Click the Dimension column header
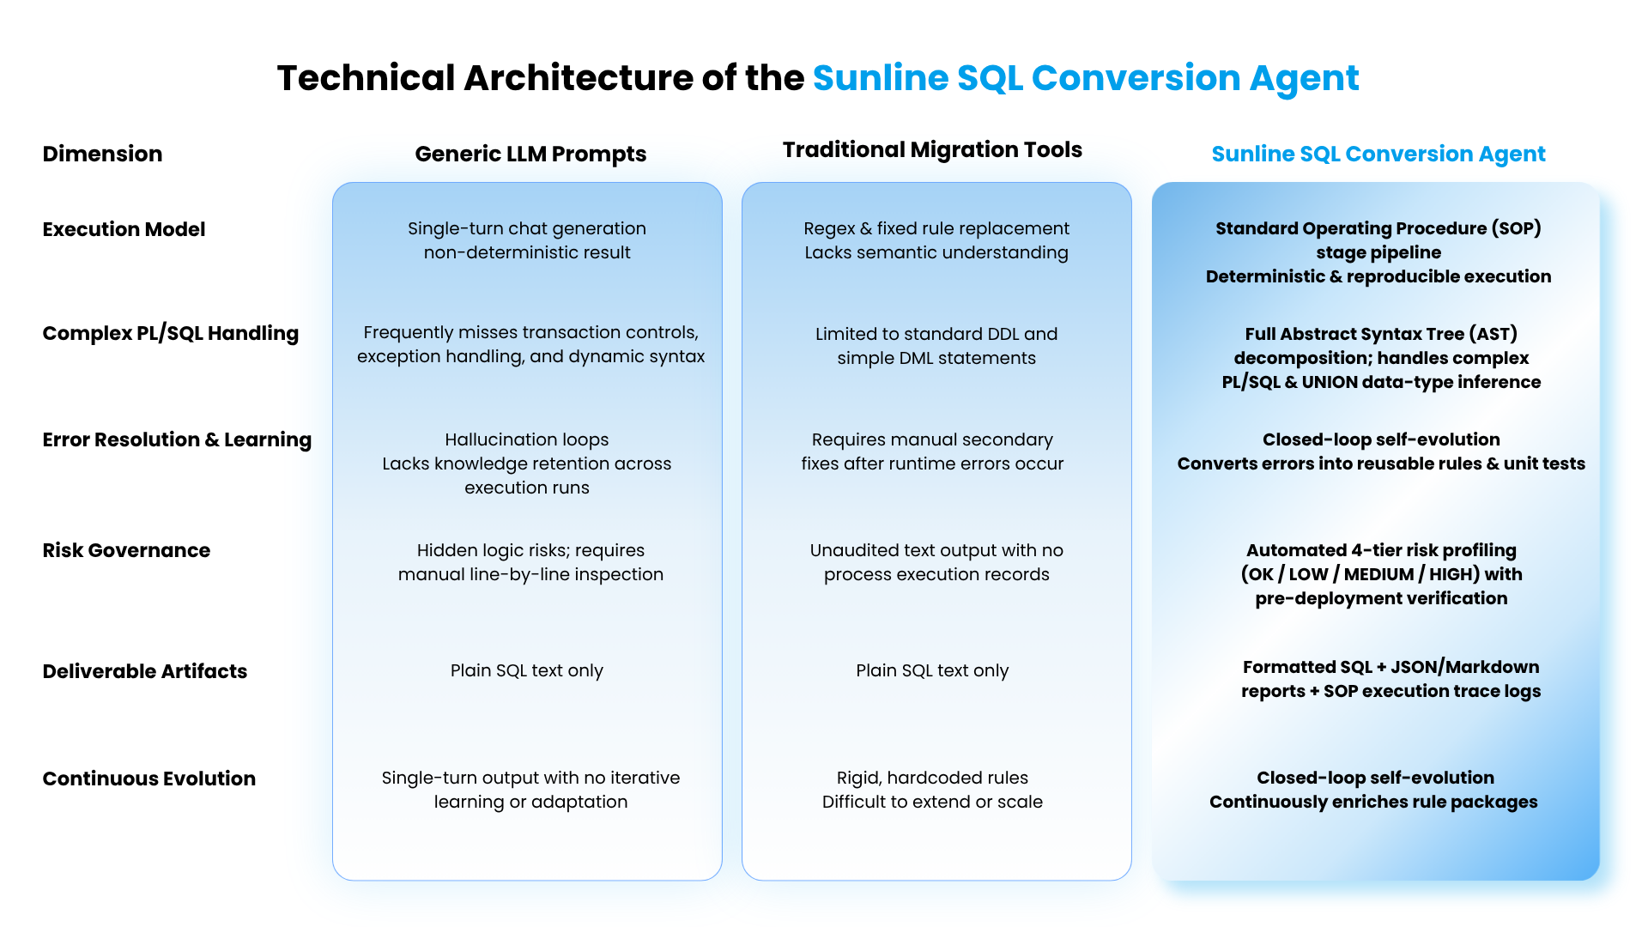(x=102, y=154)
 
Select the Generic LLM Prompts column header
(x=530, y=154)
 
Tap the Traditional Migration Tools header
(x=932, y=149)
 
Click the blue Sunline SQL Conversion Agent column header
(x=1378, y=154)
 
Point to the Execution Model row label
(x=124, y=229)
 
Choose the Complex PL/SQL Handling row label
(x=171, y=333)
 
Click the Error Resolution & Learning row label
(x=177, y=439)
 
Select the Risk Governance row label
(x=126, y=550)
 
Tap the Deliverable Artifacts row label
(x=145, y=671)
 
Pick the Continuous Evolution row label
(x=149, y=779)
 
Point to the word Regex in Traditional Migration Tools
(x=829, y=229)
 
